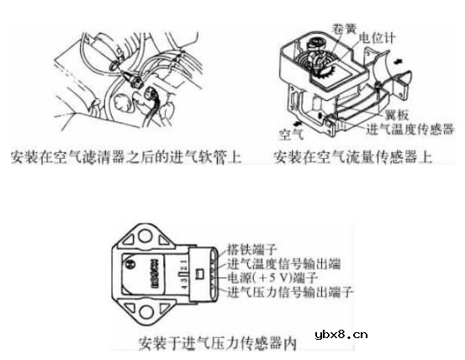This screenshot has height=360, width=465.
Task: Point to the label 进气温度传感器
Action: click(411, 131)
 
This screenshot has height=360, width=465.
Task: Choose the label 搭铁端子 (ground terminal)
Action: click(254, 249)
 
